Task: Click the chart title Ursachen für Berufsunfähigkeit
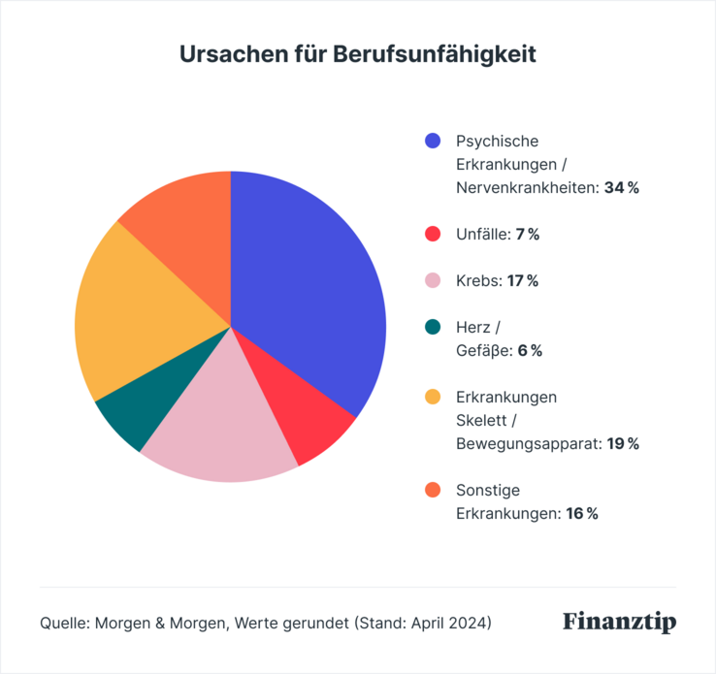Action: [358, 54]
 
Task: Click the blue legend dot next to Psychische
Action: [433, 142]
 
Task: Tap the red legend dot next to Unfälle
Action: [433, 235]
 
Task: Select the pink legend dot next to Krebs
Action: [433, 281]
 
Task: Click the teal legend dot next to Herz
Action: [433, 328]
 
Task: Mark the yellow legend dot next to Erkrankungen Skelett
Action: [433, 398]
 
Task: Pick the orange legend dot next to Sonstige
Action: [433, 491]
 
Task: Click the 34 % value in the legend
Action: [621, 188]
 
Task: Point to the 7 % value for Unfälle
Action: [527, 235]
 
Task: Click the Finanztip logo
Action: [619, 622]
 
